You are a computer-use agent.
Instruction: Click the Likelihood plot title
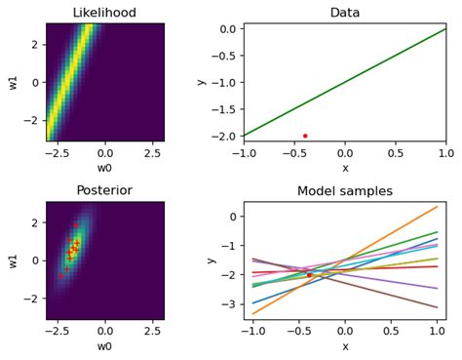point(104,13)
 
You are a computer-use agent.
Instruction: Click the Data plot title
point(345,13)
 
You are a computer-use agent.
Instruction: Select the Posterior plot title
point(104,190)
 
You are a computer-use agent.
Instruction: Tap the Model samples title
point(345,191)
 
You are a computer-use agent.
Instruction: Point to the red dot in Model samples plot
point(309,275)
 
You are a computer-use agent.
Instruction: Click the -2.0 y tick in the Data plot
point(225,136)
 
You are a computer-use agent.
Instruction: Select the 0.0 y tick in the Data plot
point(227,29)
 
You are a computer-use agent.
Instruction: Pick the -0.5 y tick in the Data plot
point(225,56)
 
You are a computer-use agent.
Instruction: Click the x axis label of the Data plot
point(345,168)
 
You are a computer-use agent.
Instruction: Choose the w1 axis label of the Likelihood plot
point(14,82)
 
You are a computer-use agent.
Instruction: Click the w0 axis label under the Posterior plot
point(104,346)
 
